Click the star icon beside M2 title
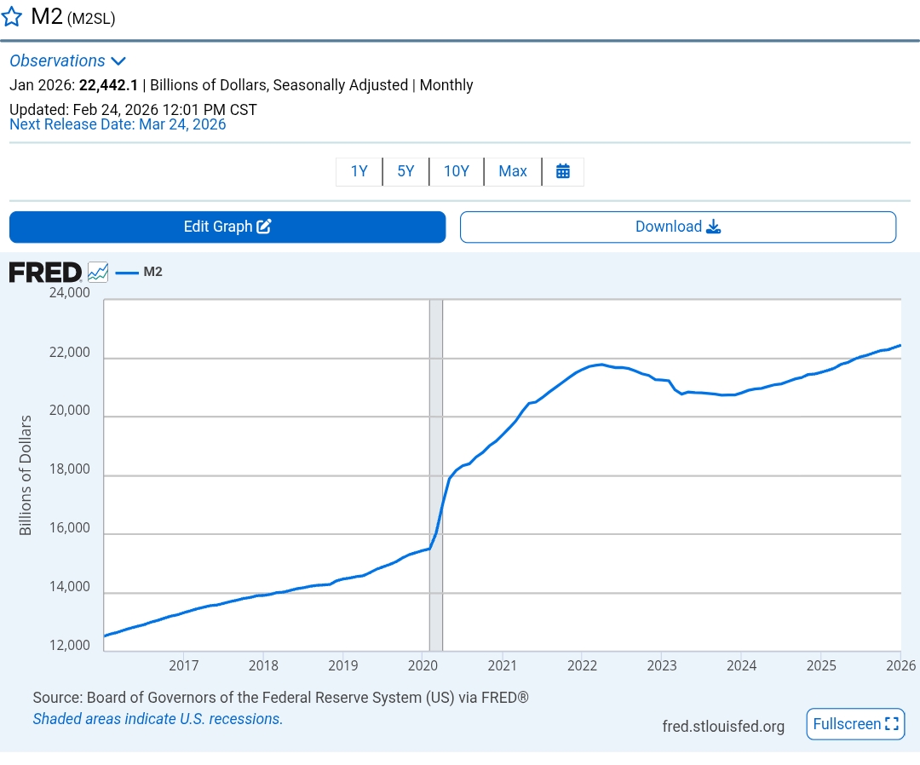[12, 17]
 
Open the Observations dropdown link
[67, 60]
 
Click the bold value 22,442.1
[108, 85]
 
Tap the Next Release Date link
[118, 124]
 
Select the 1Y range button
[359, 171]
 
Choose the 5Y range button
[405, 171]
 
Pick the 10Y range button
[457, 171]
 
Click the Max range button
[513, 171]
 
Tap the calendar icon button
[563, 171]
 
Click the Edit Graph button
[227, 227]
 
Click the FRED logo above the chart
[45, 273]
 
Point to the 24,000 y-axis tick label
[69, 293]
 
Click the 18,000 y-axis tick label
[69, 469]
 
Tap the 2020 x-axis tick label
[423, 665]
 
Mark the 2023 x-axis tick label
[662, 665]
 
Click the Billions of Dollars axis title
[26, 475]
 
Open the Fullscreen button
[855, 724]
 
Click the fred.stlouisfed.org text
[723, 727]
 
